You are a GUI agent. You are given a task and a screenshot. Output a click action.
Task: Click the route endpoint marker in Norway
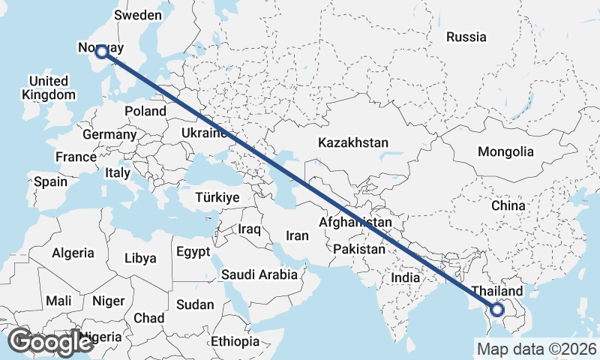coord(101,52)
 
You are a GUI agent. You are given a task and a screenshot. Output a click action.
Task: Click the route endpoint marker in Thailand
coord(496,309)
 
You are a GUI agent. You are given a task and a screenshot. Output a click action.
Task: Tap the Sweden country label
coord(138,15)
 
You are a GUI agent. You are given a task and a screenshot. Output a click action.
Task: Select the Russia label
coord(466,36)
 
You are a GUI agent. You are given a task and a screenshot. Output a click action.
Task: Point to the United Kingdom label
coord(49,88)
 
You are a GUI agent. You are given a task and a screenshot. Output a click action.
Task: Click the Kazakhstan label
coord(352,142)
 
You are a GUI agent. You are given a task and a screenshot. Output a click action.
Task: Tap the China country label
coord(508,205)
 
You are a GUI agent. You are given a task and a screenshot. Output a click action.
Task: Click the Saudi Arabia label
coord(259,274)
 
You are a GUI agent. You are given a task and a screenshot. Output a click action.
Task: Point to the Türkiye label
coord(217,197)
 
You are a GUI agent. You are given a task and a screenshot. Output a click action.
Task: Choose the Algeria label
coord(73,253)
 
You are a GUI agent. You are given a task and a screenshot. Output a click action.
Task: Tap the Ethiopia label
coord(235,341)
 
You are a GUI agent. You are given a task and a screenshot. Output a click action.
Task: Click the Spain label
coord(50,181)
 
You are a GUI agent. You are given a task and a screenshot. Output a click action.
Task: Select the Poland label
coord(145,111)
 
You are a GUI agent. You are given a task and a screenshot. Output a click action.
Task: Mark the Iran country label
coord(297,235)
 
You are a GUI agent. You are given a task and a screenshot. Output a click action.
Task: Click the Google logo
coord(50,342)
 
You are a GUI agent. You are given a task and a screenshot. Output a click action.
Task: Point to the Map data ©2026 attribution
coord(536,349)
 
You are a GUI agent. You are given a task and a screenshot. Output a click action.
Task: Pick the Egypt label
coord(193,252)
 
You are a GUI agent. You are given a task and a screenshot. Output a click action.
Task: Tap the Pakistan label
coord(359,249)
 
